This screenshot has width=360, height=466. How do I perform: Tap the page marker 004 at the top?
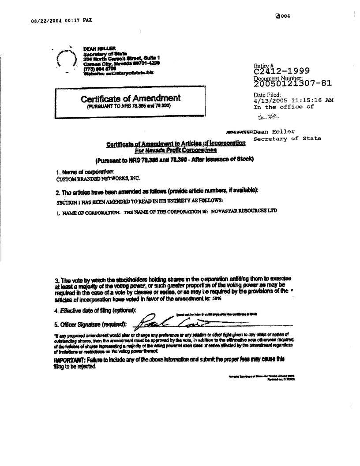tap(282, 17)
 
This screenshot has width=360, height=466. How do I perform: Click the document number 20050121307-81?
tap(292, 83)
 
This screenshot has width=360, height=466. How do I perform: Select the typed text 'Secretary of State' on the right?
tap(287, 138)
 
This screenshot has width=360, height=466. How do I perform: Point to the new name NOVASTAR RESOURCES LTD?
tap(244, 211)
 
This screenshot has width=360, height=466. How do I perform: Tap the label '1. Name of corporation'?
tap(85, 171)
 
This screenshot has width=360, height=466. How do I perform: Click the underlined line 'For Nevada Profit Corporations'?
tap(176, 150)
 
